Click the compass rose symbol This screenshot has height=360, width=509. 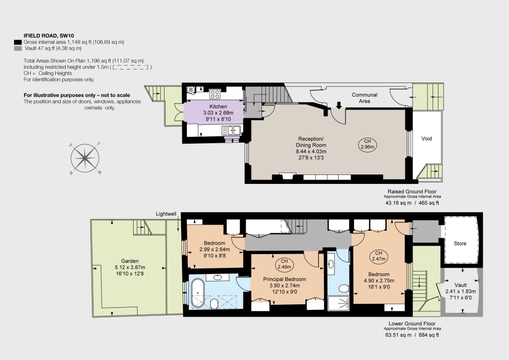(x=85, y=159)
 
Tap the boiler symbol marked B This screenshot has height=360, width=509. (x=191, y=90)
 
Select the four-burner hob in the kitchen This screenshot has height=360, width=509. (x=215, y=94)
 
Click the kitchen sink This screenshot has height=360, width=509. (x=231, y=130)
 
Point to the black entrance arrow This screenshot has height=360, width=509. (x=339, y=105)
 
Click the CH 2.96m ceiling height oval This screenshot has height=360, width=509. (x=367, y=144)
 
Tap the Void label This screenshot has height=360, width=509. (x=426, y=139)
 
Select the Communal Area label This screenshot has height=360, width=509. (x=364, y=98)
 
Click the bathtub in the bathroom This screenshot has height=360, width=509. (x=197, y=293)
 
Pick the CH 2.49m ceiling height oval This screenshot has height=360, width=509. (x=284, y=264)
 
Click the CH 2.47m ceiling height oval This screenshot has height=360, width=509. (x=378, y=256)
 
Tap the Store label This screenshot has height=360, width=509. (x=460, y=244)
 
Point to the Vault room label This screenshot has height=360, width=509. (x=460, y=285)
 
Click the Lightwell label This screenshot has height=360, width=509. (x=166, y=214)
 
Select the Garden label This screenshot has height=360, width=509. (x=130, y=261)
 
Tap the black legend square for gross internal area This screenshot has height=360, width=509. (x=18, y=42)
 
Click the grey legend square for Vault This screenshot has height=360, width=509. (x=18, y=48)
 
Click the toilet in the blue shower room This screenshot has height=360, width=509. (x=343, y=288)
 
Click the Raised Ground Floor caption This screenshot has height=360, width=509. (x=412, y=191)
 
